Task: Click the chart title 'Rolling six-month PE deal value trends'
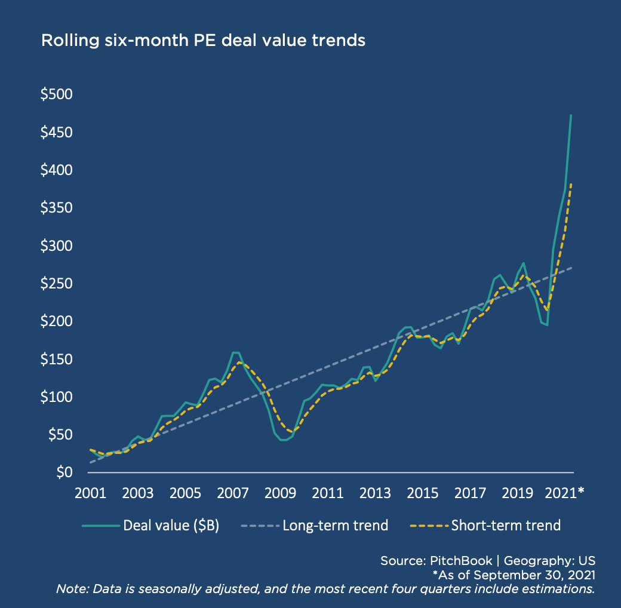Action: pos(203,41)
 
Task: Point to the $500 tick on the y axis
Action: pos(56,95)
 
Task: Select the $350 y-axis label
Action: pos(56,208)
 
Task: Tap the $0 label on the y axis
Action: pos(64,472)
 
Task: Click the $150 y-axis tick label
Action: pos(56,360)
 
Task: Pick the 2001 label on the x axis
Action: pos(88,494)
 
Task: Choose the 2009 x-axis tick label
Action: pos(279,494)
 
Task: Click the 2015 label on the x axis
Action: pos(422,494)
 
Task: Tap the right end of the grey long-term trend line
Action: pos(572,267)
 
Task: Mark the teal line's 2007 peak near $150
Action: pos(235,352)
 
